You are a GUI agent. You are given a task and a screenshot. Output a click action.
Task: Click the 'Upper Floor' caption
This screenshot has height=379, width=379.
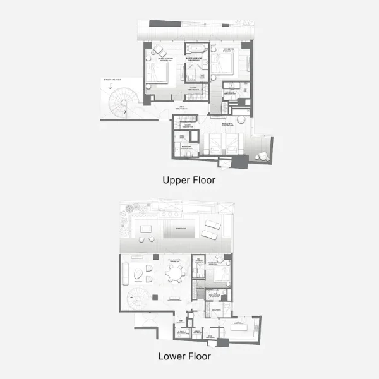click(189, 180)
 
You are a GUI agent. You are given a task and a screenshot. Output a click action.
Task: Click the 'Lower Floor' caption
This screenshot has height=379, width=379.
click(184, 356)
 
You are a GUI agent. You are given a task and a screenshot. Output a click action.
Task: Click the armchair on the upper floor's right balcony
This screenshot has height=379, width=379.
click(260, 156)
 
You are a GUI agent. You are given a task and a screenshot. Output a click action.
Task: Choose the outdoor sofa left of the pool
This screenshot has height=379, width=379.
click(147, 229)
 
